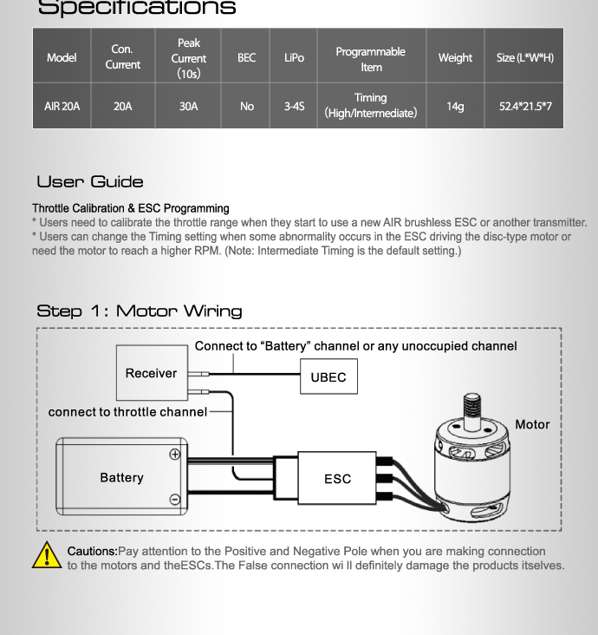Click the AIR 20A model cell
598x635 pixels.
(x=62, y=106)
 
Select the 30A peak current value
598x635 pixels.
(x=188, y=106)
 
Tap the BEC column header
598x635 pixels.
(x=247, y=57)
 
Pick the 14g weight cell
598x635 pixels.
(x=455, y=106)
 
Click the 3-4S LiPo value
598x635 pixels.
(x=294, y=106)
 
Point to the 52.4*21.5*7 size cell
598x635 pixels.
(x=525, y=106)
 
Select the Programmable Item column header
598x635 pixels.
(x=371, y=58)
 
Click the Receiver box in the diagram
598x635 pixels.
(x=152, y=373)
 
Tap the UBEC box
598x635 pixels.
(x=328, y=377)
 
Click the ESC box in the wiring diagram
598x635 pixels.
(x=337, y=478)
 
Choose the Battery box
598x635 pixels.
(x=121, y=477)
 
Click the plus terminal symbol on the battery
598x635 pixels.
(x=175, y=455)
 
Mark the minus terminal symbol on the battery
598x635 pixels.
(x=175, y=499)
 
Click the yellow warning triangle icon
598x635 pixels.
(x=47, y=555)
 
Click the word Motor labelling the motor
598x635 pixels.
(x=532, y=424)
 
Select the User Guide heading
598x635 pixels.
(x=90, y=182)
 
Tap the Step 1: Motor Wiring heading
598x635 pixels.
(x=140, y=311)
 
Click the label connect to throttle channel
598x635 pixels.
(x=127, y=412)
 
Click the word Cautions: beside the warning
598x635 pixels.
(x=92, y=551)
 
